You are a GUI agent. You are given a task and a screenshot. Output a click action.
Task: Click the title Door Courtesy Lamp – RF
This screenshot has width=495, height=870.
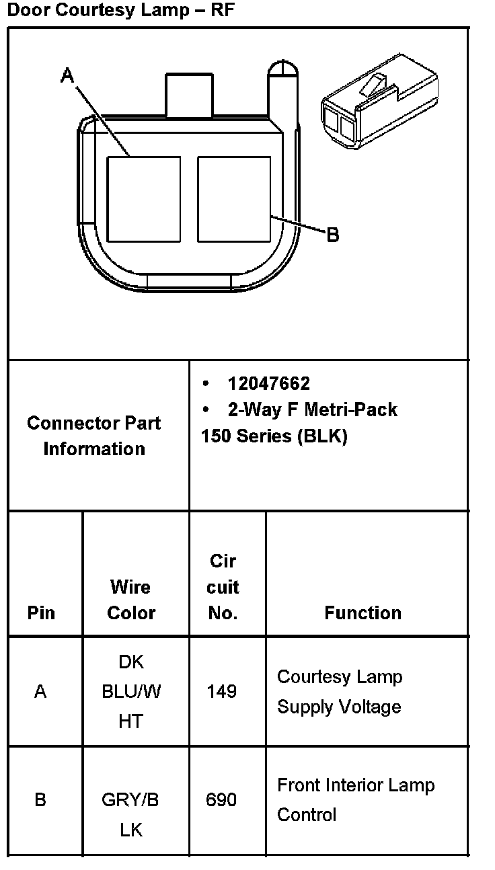(x=122, y=11)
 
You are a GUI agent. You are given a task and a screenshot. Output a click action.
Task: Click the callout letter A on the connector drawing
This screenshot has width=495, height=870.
(x=67, y=75)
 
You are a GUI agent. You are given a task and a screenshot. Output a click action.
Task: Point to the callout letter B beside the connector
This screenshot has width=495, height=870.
(x=332, y=235)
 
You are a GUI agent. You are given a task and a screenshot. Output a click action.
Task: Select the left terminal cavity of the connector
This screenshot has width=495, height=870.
(x=144, y=199)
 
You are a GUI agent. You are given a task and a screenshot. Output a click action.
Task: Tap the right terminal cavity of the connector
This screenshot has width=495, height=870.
(x=234, y=199)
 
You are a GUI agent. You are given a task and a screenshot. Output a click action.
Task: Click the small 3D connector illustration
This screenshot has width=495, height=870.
(x=378, y=101)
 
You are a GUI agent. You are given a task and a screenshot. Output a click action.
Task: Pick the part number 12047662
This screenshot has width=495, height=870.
(x=268, y=383)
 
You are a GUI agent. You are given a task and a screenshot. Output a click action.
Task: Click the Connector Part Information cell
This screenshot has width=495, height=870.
(x=94, y=436)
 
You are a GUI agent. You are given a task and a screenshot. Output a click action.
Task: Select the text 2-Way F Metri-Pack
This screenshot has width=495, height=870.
(x=312, y=409)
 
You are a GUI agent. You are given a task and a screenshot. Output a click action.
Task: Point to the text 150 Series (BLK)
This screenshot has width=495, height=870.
(x=274, y=436)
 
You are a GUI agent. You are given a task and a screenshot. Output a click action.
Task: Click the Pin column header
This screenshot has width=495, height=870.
(x=41, y=612)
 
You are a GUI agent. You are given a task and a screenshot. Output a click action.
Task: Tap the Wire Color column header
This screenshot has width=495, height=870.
(x=131, y=600)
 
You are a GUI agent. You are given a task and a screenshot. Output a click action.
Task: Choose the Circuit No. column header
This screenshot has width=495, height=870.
(x=223, y=586)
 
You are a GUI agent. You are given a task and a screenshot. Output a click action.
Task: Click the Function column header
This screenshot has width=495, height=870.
(x=363, y=612)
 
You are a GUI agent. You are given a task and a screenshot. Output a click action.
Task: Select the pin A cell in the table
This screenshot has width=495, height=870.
(x=40, y=691)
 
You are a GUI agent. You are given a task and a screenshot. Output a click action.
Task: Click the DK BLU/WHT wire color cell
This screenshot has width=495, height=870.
(x=131, y=691)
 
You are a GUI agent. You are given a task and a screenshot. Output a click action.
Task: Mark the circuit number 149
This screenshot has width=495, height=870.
(x=222, y=691)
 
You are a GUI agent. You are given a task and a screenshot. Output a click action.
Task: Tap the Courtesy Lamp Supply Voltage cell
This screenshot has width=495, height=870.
(x=340, y=691)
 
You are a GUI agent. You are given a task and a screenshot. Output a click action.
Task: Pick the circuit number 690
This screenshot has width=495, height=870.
(x=222, y=800)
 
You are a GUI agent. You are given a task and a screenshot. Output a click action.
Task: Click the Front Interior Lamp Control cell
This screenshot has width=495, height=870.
(x=356, y=800)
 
